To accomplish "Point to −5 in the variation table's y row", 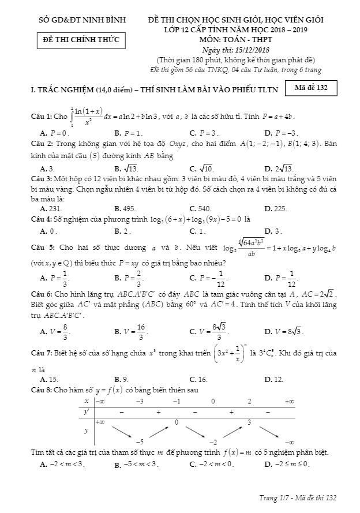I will tap(139, 440).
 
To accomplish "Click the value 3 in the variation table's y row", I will tap(249, 422).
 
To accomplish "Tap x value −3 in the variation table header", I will tap(140, 401).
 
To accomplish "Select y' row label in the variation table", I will tap(87, 412).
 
